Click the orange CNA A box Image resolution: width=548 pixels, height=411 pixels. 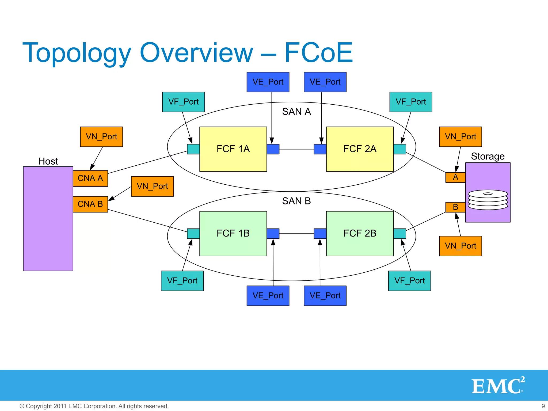coord(90,178)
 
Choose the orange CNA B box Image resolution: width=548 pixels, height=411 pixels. coord(90,204)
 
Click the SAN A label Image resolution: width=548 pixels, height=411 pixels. coord(296,112)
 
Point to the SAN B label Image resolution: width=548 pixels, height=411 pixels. coord(296,201)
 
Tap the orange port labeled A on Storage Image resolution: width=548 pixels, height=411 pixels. coord(455,177)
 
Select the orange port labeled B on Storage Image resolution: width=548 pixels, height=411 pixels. coord(455,207)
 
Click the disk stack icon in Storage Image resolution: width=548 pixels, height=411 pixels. coord(488,200)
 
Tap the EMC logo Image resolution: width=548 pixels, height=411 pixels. coord(497,386)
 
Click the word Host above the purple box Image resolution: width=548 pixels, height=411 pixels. coord(48,161)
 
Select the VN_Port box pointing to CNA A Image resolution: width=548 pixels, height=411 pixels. coord(101,137)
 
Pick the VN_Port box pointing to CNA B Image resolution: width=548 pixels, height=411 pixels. coord(152,186)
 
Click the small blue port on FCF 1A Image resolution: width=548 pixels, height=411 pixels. coord(273,149)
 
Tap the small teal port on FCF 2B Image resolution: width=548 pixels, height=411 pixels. coord(399,234)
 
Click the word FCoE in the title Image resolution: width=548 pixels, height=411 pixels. coord(318,53)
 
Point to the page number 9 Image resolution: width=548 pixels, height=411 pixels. coord(543,406)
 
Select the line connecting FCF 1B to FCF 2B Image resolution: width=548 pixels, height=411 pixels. coord(296,234)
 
